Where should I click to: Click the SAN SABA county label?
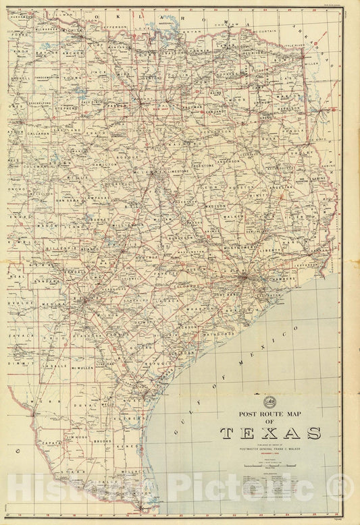pyautogui.click(x=68, y=200)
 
